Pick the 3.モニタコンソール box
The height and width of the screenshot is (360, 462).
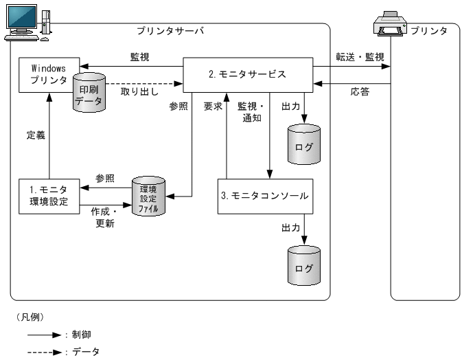tap(265, 196)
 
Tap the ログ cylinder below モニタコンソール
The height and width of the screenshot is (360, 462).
tap(303, 267)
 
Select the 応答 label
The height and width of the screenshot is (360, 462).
tap(359, 91)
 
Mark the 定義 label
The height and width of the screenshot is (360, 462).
tap(35, 136)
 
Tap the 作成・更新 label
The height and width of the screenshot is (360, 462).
tap(105, 218)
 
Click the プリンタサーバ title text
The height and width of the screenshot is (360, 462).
tap(170, 31)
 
